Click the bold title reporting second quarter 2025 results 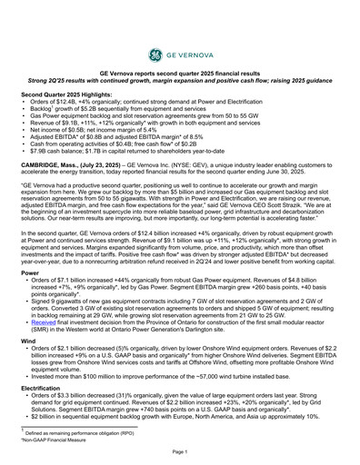[179, 71]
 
